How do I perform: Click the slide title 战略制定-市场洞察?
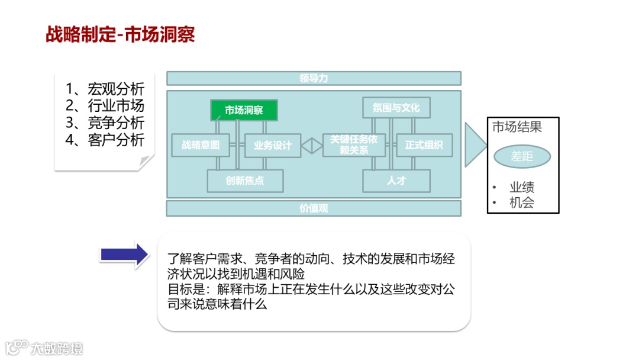click(x=120, y=34)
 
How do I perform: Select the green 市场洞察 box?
click(x=244, y=110)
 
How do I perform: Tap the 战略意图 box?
click(x=201, y=145)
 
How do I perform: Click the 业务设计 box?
click(x=273, y=145)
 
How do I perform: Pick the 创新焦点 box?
click(x=245, y=181)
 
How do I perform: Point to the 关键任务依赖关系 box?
click(x=354, y=145)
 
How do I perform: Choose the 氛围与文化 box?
click(x=396, y=108)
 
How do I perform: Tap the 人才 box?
click(x=396, y=181)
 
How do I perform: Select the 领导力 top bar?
click(x=314, y=78)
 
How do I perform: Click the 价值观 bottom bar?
click(x=314, y=208)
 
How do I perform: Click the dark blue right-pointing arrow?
click(x=124, y=255)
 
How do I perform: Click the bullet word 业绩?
click(x=522, y=187)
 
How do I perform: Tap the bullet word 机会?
click(x=522, y=202)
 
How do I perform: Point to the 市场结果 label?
click(x=517, y=127)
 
